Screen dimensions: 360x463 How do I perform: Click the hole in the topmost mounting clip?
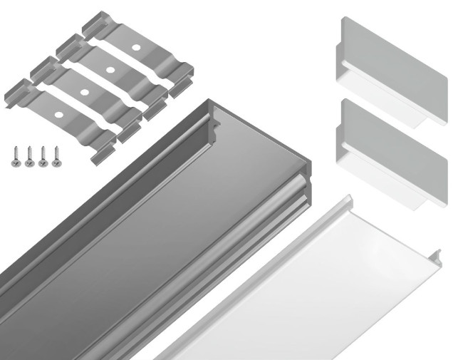click(135, 47)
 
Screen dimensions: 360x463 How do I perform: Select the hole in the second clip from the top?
click(110, 70)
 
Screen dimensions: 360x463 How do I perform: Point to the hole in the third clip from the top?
click(83, 92)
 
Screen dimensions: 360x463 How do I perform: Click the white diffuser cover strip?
click(306, 285)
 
